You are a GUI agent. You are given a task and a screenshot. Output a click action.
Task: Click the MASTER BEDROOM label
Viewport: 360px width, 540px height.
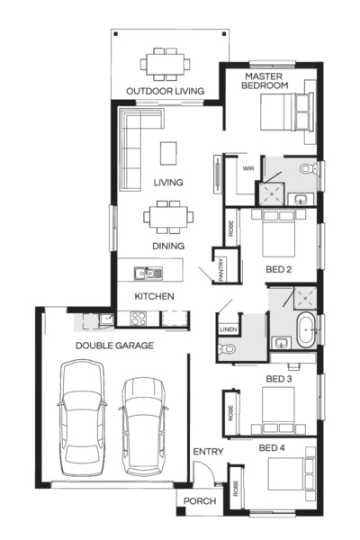(265, 81)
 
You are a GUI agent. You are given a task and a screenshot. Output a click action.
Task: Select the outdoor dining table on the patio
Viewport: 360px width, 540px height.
(166, 64)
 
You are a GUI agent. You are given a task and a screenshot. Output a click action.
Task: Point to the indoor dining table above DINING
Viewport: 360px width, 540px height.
(169, 217)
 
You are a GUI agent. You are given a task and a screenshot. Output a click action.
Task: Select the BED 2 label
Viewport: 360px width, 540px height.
(279, 268)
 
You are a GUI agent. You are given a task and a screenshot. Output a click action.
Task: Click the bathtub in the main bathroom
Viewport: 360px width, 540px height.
(306, 331)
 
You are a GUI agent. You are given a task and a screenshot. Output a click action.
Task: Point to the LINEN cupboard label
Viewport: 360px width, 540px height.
(228, 330)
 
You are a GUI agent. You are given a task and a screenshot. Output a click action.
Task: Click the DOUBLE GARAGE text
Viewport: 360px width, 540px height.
(114, 345)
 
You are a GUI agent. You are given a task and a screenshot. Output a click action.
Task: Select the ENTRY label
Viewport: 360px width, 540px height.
(207, 452)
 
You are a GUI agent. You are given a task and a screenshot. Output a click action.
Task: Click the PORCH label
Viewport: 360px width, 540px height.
(199, 502)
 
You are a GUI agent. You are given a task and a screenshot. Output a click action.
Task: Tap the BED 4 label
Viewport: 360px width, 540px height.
(273, 447)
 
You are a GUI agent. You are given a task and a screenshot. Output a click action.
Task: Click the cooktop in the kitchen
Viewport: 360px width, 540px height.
(139, 318)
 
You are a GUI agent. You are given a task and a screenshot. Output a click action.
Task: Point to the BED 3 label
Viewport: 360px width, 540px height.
(279, 379)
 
